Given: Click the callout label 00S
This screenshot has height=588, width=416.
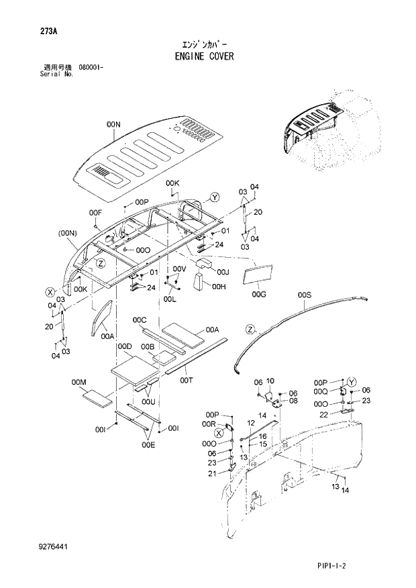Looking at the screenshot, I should pos(305,295).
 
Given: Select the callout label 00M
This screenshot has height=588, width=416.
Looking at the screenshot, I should pos(79,382).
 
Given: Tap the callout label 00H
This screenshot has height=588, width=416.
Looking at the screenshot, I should pos(218,287).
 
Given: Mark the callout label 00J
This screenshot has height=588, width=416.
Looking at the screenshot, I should pos(223,272).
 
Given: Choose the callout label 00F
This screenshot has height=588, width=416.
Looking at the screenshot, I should pos(95,213).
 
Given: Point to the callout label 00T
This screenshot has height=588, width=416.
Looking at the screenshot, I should pos(187,380).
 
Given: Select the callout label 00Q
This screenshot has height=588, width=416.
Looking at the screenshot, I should pos(319,391).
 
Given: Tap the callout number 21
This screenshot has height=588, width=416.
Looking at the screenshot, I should pos(212,474).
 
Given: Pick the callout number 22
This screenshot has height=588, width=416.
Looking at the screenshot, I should pos(324,415).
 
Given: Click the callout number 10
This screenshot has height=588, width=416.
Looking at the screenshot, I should pos(270,381).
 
